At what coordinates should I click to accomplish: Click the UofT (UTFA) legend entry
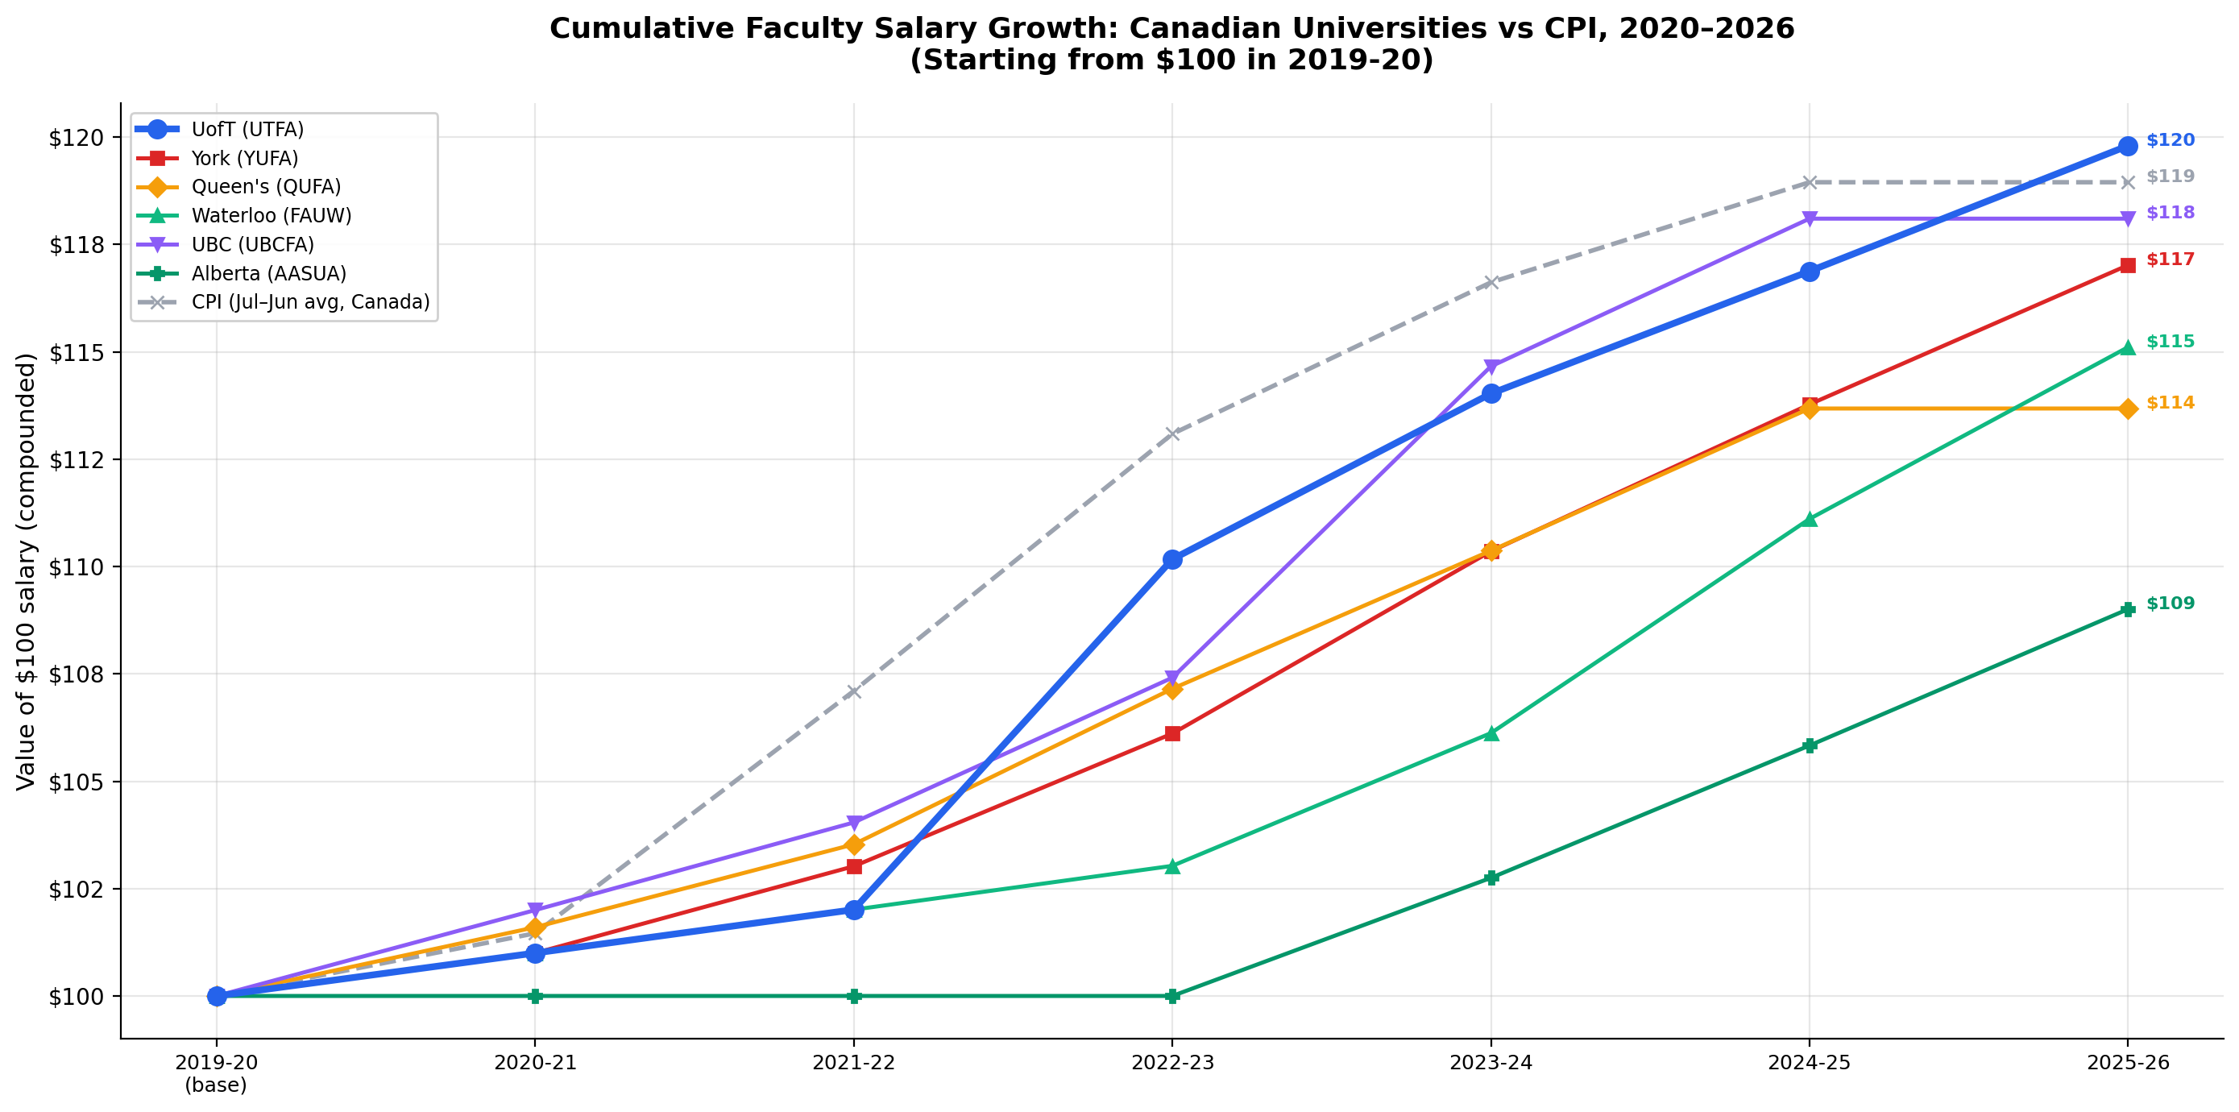point(247,130)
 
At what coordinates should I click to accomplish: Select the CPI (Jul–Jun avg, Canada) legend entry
point(309,302)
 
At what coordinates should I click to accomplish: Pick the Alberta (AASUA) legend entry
point(267,274)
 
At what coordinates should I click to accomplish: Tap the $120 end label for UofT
point(2170,140)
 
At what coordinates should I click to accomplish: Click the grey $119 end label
point(2170,176)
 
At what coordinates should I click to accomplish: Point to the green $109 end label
point(2170,604)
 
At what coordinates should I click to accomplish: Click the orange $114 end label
point(2170,403)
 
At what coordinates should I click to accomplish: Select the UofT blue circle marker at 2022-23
point(1171,559)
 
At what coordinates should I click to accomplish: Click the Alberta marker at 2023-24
point(1491,878)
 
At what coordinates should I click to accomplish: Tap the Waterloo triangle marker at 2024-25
point(1809,519)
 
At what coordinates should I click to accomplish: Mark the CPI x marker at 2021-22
point(853,692)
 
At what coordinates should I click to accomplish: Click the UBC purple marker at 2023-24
point(1491,366)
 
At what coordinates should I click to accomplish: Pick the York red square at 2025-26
point(2127,265)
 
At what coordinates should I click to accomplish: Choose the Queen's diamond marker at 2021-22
point(853,845)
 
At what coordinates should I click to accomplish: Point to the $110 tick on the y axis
point(76,566)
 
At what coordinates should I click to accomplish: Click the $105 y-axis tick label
point(76,782)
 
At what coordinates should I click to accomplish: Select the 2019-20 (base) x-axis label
point(216,1073)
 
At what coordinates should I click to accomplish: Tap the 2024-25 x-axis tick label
point(1809,1062)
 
